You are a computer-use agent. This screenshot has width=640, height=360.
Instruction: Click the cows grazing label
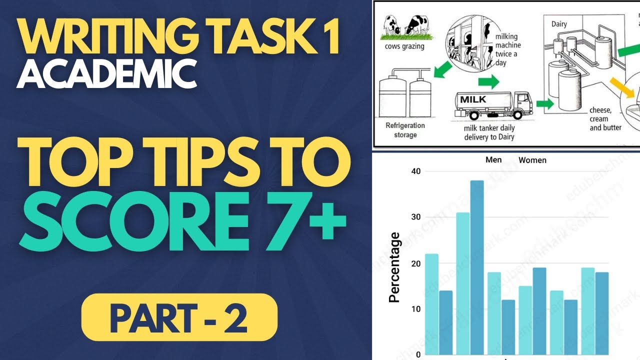(405, 46)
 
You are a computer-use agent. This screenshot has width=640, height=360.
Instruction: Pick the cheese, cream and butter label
(605, 119)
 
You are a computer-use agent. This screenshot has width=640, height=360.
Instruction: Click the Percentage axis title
(394, 267)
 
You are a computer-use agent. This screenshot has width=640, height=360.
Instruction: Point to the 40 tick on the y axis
(415, 171)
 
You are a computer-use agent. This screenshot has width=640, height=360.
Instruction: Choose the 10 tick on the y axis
(415, 309)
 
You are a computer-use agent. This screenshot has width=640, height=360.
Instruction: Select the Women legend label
(532, 160)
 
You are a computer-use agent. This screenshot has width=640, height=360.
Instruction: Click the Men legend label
(493, 160)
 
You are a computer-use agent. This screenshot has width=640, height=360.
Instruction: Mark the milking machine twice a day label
(506, 50)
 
